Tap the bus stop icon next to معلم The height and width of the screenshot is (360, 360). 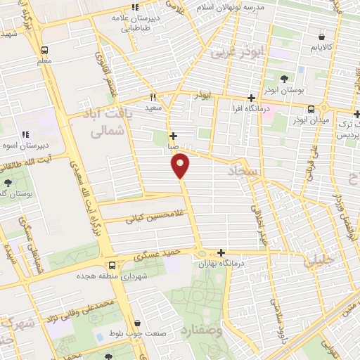click(44, 51)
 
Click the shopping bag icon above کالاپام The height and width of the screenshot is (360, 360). click(321, 37)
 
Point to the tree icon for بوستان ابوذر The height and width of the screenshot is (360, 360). click(284, 78)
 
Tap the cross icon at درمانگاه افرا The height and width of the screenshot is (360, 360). click(251, 98)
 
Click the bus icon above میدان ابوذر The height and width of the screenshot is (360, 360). click(311, 109)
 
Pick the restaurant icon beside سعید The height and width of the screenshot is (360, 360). click(152, 98)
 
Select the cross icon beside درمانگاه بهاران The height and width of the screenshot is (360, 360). click(221, 252)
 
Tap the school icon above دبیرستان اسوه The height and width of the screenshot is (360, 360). click(25, 134)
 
